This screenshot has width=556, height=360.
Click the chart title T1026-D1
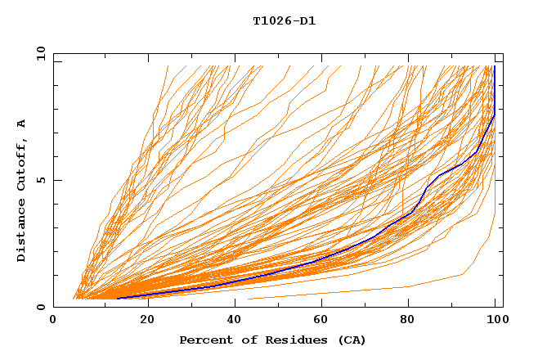(x=284, y=20)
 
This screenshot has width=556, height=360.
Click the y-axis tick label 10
(x=40, y=53)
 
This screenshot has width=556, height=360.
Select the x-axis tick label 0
(x=53, y=320)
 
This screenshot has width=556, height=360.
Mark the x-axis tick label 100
(x=495, y=320)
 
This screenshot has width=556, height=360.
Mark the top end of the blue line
(x=494, y=66)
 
